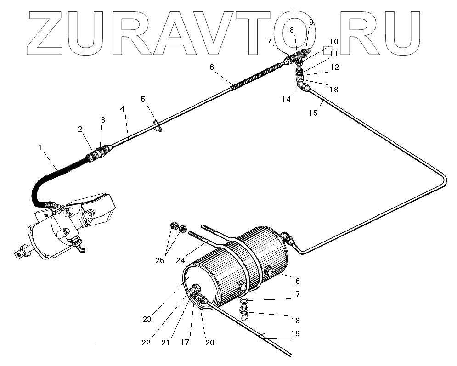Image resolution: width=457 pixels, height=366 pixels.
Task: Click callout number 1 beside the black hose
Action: (x=41, y=147)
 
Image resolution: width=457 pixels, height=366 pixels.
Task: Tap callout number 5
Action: (x=143, y=99)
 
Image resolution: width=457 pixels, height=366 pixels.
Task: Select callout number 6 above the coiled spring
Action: (x=212, y=67)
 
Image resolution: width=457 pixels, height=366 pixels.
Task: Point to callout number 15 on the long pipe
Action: (x=313, y=113)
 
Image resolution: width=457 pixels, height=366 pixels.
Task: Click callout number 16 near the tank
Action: (x=295, y=281)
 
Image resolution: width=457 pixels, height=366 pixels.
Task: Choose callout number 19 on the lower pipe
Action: (x=295, y=334)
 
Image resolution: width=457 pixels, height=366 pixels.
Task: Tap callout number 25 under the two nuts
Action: (x=159, y=260)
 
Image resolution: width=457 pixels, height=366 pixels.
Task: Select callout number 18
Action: (x=295, y=321)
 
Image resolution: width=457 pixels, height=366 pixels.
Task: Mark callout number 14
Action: (x=287, y=99)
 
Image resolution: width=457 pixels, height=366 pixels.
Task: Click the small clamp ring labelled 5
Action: (x=157, y=125)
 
